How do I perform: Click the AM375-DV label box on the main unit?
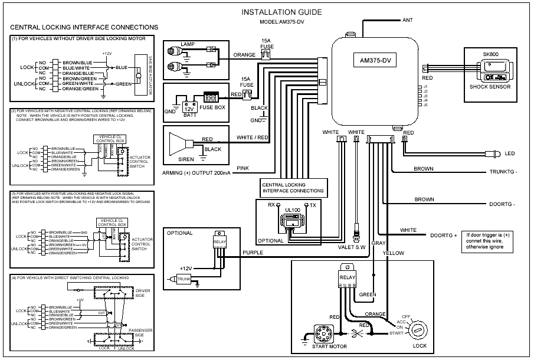coord(376,61)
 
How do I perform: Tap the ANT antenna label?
coord(407,19)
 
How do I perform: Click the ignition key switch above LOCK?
coord(420,327)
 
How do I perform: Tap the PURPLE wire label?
coord(253,252)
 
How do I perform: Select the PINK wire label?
coord(243,168)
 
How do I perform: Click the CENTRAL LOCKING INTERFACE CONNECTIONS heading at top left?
coord(84,27)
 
